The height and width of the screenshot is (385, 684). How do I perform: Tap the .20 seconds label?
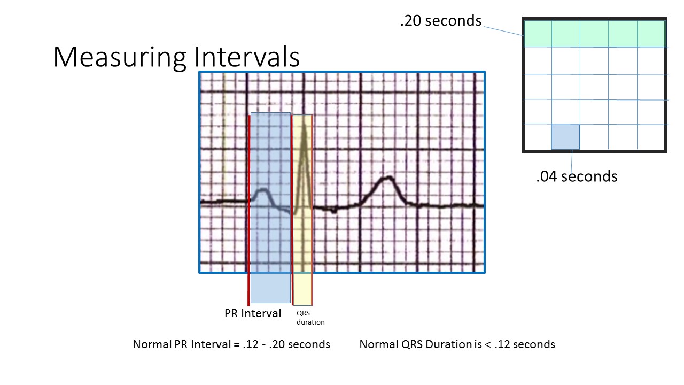[x=440, y=21]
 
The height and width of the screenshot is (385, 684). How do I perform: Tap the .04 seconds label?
[x=577, y=176]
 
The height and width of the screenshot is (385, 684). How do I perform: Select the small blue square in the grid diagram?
[x=565, y=137]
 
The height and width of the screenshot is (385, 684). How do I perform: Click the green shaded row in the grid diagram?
[x=594, y=33]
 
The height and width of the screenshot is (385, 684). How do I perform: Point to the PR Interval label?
[x=252, y=313]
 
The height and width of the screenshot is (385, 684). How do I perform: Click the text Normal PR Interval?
[x=181, y=344]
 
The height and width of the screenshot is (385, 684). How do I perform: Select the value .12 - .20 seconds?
[x=286, y=344]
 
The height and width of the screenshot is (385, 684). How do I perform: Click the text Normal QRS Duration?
[x=414, y=344]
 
